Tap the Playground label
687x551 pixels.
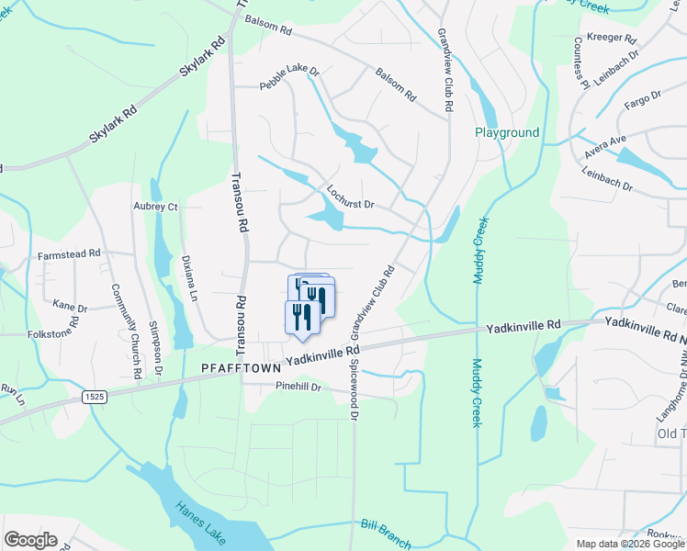(506, 132)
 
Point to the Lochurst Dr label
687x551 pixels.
(352, 197)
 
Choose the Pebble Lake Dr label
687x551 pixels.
(289, 77)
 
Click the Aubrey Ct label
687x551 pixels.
(155, 207)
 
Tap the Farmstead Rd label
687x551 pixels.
(69, 253)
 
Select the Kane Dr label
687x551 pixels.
(70, 306)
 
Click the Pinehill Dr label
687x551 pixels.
(298, 388)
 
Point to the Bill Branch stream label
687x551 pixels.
(386, 533)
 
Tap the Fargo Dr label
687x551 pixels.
(642, 96)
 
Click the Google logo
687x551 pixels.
(30, 540)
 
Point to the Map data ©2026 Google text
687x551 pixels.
(631, 544)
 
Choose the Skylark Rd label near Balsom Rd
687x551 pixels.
(203, 56)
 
